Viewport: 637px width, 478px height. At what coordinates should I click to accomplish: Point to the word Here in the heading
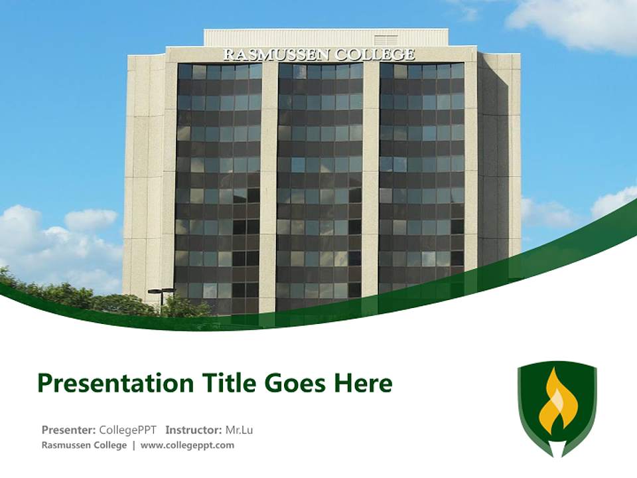(363, 383)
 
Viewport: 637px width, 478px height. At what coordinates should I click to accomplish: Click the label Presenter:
(69, 430)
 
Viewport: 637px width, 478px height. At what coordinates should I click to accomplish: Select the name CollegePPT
(127, 430)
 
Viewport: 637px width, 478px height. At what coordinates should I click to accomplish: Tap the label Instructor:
(194, 430)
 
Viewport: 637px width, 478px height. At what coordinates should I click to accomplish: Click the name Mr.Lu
(239, 430)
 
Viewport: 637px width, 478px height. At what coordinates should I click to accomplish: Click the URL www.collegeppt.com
(187, 445)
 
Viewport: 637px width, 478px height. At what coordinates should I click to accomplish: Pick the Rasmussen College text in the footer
(84, 445)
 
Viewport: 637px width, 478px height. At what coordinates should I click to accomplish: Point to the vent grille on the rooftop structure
(386, 40)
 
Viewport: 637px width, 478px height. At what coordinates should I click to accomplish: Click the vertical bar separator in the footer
(133, 445)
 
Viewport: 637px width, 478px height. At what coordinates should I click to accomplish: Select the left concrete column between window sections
(269, 186)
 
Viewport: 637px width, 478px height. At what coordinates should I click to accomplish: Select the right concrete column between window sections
(371, 186)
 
